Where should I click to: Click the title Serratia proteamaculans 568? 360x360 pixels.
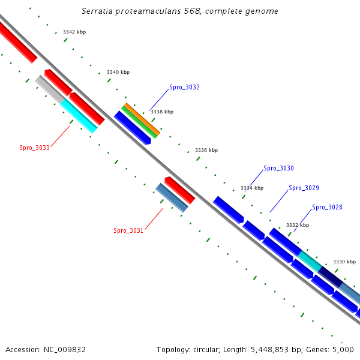pos(179,11)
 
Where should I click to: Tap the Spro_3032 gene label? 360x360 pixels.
pos(184,87)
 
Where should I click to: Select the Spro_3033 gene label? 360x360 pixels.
pos(34,148)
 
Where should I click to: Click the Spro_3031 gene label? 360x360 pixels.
pos(128,230)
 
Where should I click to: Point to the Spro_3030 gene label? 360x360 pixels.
pos(278,169)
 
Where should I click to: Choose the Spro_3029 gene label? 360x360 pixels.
pos(304,188)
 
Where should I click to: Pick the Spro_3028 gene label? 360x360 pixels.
pos(327,207)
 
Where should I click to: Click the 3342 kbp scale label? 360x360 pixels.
pos(74,32)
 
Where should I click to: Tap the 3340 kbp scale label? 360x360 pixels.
pos(118,72)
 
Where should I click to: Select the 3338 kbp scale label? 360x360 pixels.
pos(162,112)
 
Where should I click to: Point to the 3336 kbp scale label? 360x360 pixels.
pos(206,150)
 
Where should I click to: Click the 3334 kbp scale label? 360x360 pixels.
pos(252,188)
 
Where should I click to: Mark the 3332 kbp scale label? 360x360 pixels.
pos(298,225)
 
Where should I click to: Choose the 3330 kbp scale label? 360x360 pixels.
pos(344,262)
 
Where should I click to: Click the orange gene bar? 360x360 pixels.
pos(142,118)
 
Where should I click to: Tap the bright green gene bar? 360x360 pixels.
pos(139,122)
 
